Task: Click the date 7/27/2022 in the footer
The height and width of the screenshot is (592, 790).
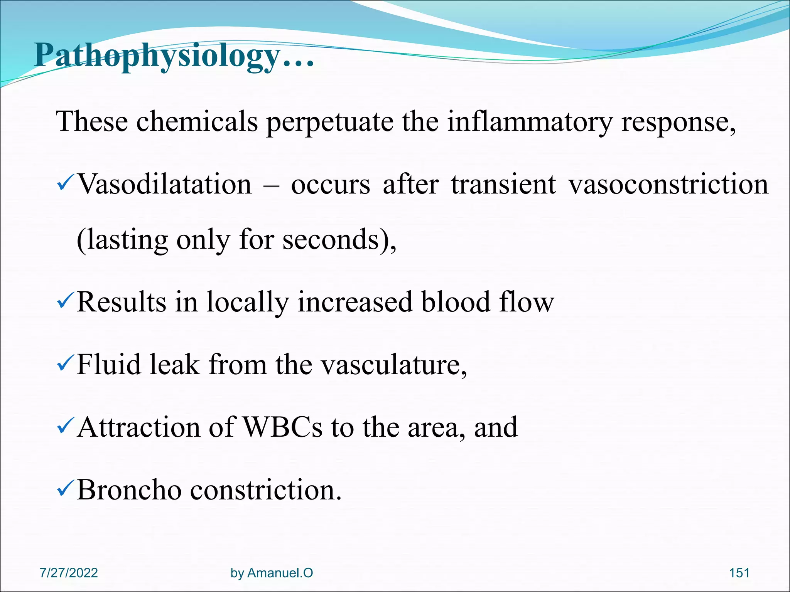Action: click(69, 573)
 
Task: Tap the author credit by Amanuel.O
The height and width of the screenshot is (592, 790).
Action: click(272, 573)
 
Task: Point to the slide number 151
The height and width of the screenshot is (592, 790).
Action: click(739, 573)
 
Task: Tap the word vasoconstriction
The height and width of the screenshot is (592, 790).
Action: click(668, 184)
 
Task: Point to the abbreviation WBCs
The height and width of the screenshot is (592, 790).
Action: click(282, 427)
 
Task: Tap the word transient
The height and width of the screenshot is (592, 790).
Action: click(503, 184)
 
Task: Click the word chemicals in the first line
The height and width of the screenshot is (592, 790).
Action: click(197, 121)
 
